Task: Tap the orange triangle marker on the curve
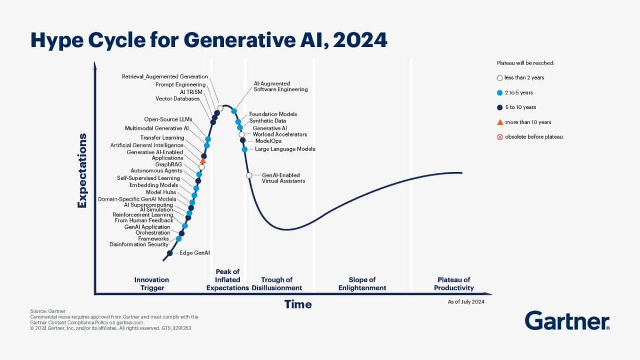(x=203, y=160)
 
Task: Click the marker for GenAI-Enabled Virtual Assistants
(x=249, y=175)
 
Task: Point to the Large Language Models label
(x=285, y=149)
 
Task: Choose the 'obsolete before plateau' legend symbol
(x=500, y=137)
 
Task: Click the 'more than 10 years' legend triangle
(x=500, y=122)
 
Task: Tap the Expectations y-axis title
(x=82, y=171)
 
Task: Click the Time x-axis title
(x=298, y=305)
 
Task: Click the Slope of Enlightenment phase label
(x=362, y=284)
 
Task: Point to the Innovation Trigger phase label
(x=151, y=284)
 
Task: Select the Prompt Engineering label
(x=180, y=84)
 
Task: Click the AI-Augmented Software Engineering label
(x=281, y=86)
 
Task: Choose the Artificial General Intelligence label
(x=147, y=145)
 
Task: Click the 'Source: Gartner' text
(x=45, y=311)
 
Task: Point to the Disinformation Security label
(x=139, y=245)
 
